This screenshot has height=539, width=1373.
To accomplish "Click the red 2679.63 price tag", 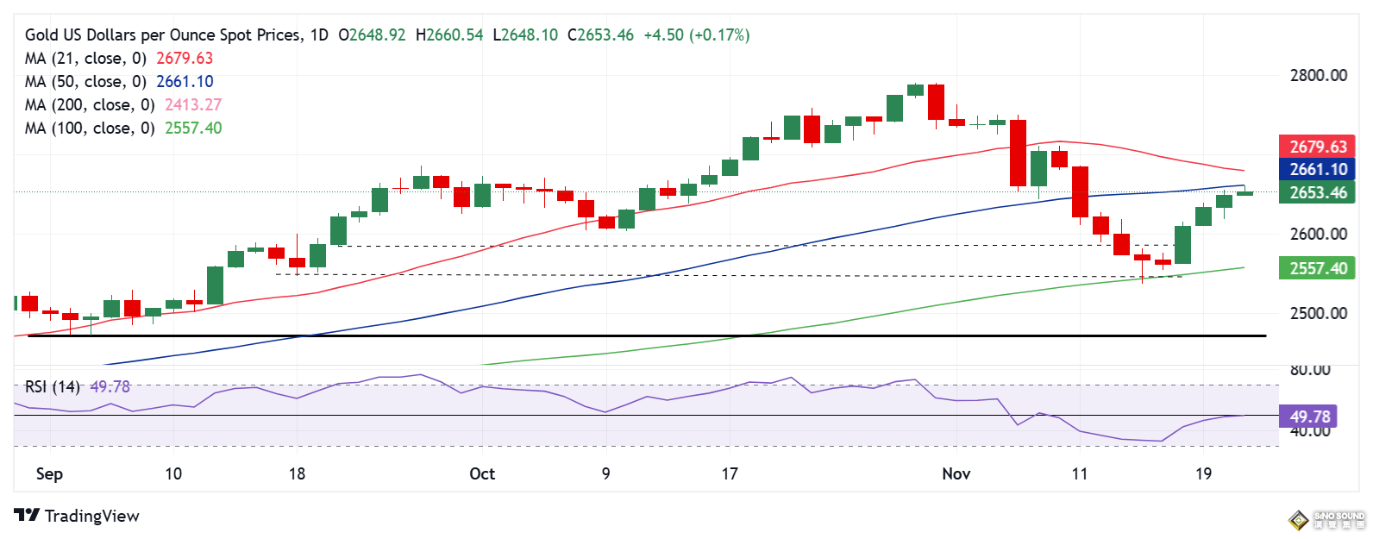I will click(x=1317, y=147).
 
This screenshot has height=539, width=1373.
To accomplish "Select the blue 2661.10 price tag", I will click(x=1317, y=170).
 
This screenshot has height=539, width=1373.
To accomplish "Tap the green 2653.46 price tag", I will click(x=1317, y=193).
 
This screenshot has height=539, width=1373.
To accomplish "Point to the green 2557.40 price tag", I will click(x=1317, y=269).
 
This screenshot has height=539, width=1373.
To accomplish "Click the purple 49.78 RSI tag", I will click(x=1309, y=417).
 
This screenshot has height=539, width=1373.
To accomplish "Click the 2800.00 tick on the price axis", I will click(x=1318, y=76).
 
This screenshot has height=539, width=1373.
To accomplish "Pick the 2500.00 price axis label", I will click(x=1318, y=314).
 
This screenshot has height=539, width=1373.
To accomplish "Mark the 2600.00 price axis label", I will click(x=1318, y=235).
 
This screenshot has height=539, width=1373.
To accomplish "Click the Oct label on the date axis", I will click(x=482, y=474).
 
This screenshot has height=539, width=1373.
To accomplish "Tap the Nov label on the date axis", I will click(x=956, y=474).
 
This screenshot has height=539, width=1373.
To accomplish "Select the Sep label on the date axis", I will click(x=49, y=474).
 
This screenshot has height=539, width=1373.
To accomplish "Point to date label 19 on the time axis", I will click(x=1203, y=474).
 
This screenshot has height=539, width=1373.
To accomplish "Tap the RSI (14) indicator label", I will click(x=52, y=387).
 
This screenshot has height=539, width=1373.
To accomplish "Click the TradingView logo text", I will click(x=91, y=516).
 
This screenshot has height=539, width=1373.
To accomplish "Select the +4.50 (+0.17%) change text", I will click(x=696, y=35).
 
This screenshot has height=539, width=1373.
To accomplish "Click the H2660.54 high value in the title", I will click(x=449, y=35).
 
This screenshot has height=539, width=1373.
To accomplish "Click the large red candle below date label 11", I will click(x=1080, y=191).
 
